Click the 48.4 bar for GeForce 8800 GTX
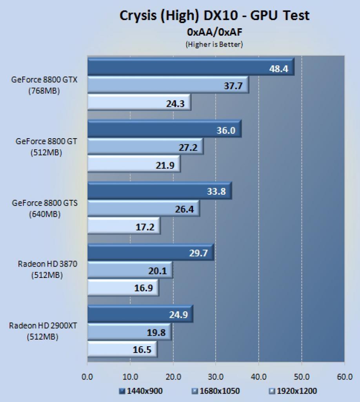pyautogui.click(x=191, y=67)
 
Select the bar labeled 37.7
pyautogui.click(x=168, y=85)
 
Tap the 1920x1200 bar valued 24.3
pyautogui.click(x=139, y=102)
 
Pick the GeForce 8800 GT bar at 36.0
pyautogui.click(x=165, y=129)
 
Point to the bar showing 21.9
pyautogui.click(x=134, y=164)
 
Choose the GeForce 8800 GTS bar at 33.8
pyautogui.click(x=160, y=190)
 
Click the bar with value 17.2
pyautogui.click(x=124, y=226)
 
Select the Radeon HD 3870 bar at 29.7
pyautogui.click(x=151, y=252)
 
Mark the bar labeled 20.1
pyautogui.click(x=130, y=270)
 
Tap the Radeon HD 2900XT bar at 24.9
pyautogui.click(x=140, y=314)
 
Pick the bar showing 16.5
pyautogui.click(x=123, y=349)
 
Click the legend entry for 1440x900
pyautogui.click(x=141, y=391)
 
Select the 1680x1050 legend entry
pyautogui.click(x=216, y=391)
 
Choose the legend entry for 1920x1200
pyautogui.click(x=293, y=391)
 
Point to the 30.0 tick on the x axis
pyautogui.click(x=216, y=377)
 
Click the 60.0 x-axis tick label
pyautogui.click(x=345, y=377)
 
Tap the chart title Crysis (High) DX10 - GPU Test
pyautogui.click(x=215, y=16)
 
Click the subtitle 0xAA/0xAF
pyautogui.click(x=215, y=32)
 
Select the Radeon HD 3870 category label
pyautogui.click(x=47, y=269)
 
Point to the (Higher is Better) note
pyautogui.click(x=214, y=44)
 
